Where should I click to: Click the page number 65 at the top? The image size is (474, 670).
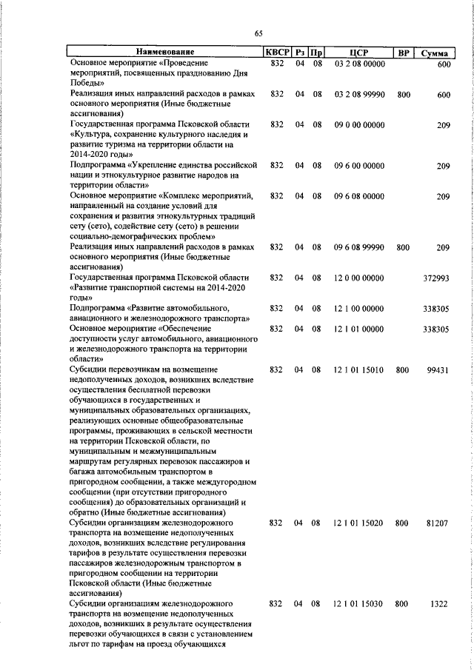[258, 33]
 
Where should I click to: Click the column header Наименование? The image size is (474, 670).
[164, 53]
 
